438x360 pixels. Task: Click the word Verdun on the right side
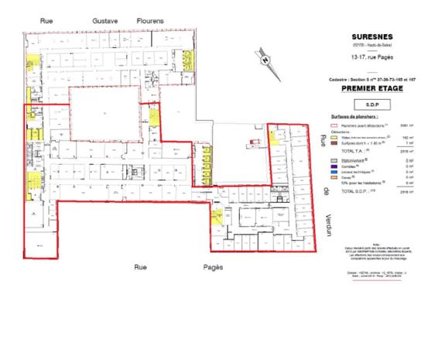(328, 229)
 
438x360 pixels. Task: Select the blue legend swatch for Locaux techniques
(334, 171)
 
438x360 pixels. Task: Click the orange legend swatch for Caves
(334, 177)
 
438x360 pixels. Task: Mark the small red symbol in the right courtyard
(250, 141)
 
